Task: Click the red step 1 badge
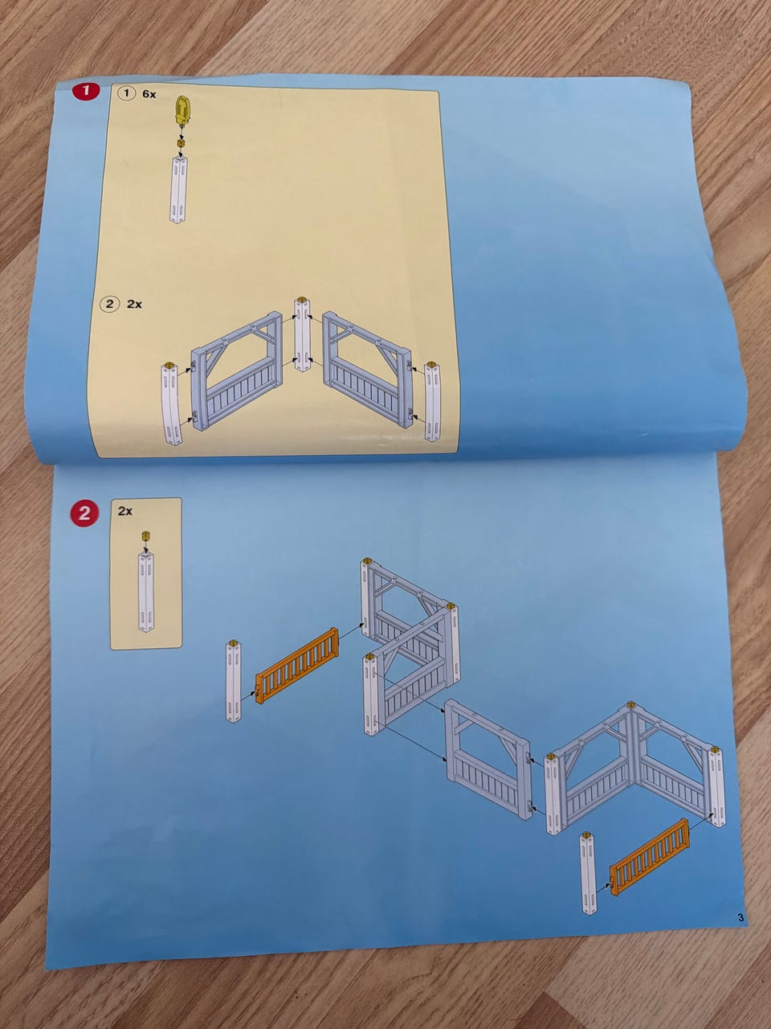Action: tap(86, 91)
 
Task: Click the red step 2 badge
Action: tap(85, 514)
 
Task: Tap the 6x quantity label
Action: tap(149, 94)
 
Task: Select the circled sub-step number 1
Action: tap(125, 93)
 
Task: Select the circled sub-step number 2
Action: tap(109, 304)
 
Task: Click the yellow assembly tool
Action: tap(183, 111)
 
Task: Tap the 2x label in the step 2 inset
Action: tap(125, 511)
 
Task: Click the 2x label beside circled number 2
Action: tap(134, 304)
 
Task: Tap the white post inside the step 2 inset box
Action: tap(145, 592)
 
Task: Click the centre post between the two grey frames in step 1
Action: tap(303, 336)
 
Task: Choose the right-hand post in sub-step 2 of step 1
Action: tap(433, 401)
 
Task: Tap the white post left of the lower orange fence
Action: tap(589, 872)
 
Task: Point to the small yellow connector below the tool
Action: tap(181, 142)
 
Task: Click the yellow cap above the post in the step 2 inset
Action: tap(145, 536)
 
